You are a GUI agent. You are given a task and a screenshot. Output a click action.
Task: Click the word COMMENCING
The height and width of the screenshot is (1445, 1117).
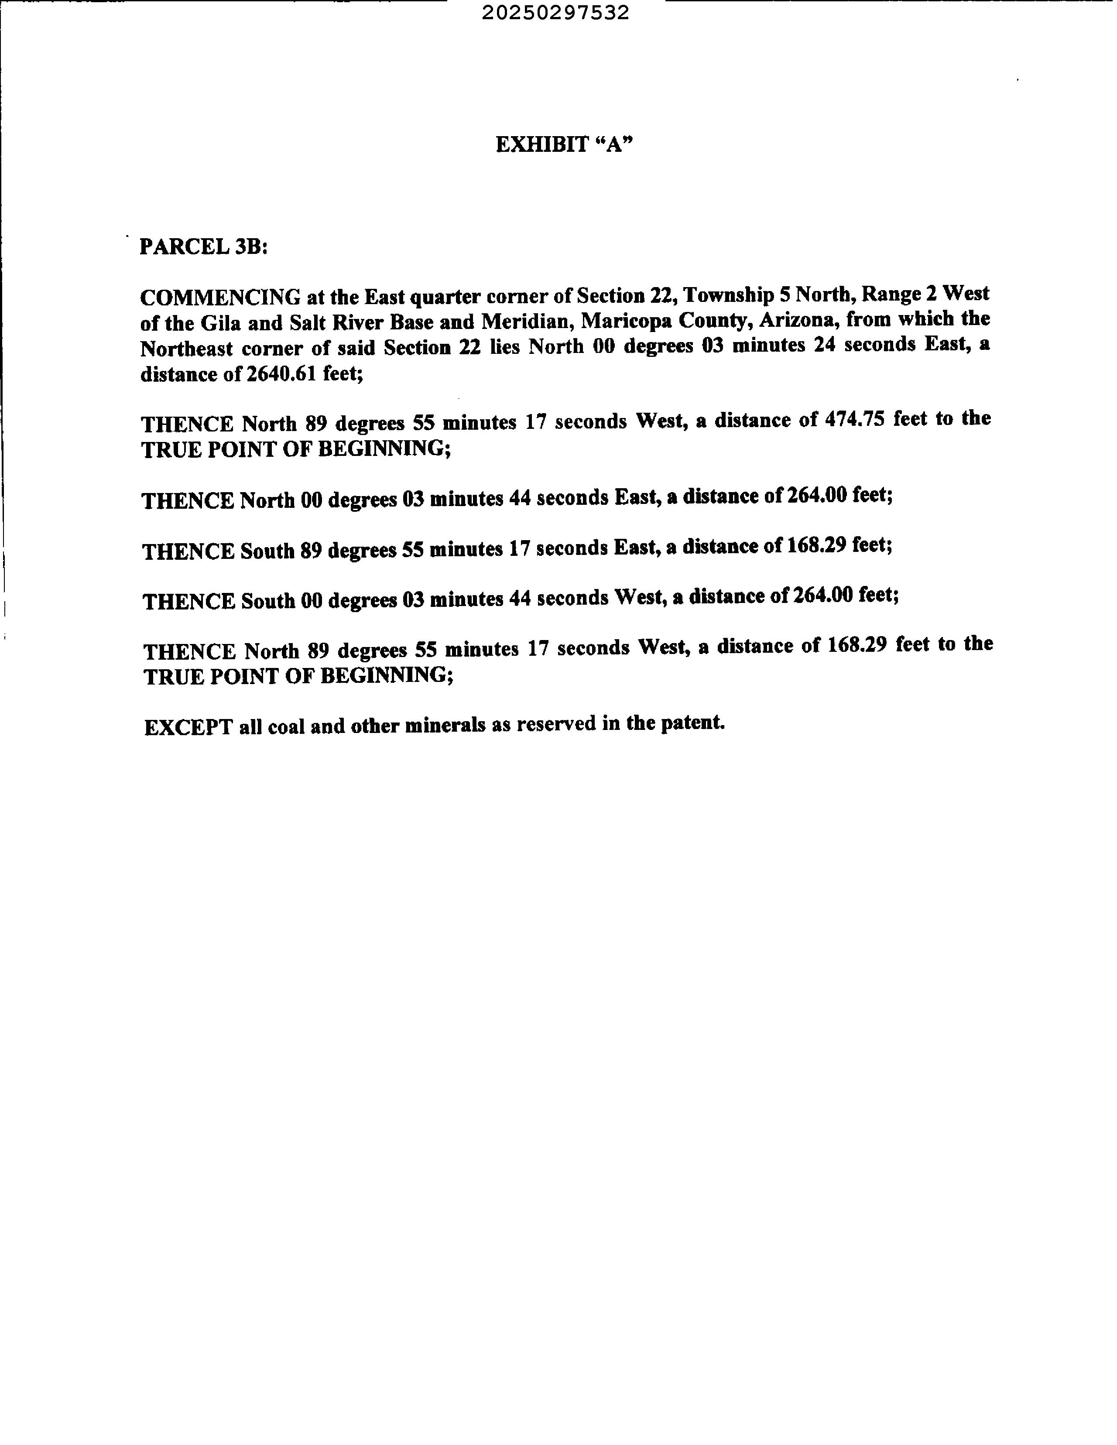(220, 296)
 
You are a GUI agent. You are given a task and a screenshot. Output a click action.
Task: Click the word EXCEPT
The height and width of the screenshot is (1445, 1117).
(188, 727)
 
